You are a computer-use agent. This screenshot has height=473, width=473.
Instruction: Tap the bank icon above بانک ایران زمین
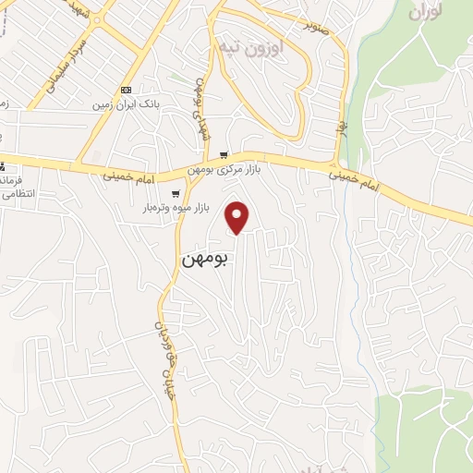pos(126,90)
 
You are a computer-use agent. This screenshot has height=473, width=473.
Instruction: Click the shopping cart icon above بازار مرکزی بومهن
pos(224,156)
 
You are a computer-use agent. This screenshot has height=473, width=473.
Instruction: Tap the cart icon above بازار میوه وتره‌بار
pos(176,194)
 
